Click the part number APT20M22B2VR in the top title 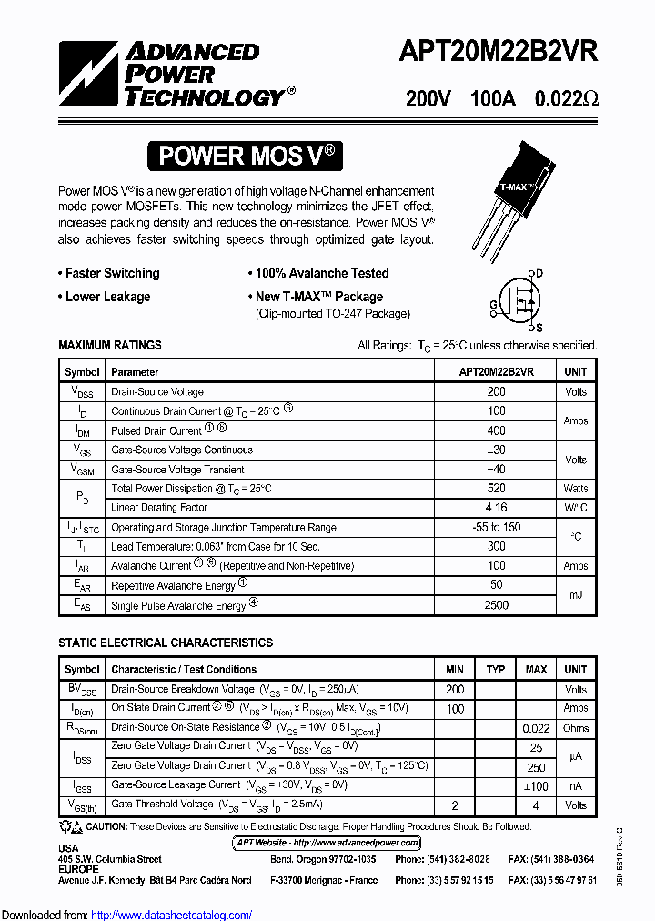tap(498, 52)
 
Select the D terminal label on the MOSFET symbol tap(539, 273)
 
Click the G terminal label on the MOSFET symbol tap(493, 304)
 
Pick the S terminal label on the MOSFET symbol tap(539, 328)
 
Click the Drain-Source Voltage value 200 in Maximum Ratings tap(496, 391)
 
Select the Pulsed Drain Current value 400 tap(496, 430)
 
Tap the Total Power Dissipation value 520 tap(496, 489)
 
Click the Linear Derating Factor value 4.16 tap(496, 508)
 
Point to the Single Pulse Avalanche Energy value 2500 tap(496, 605)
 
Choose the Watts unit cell tap(575, 489)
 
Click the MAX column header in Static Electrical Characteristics tap(536, 670)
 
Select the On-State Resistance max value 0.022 tap(536, 728)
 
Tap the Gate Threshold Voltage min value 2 tap(455, 805)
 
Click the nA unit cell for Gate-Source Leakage tap(575, 785)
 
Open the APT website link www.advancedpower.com tap(327, 843)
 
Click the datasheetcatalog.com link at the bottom tap(172, 915)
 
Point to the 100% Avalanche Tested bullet tap(317, 273)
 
